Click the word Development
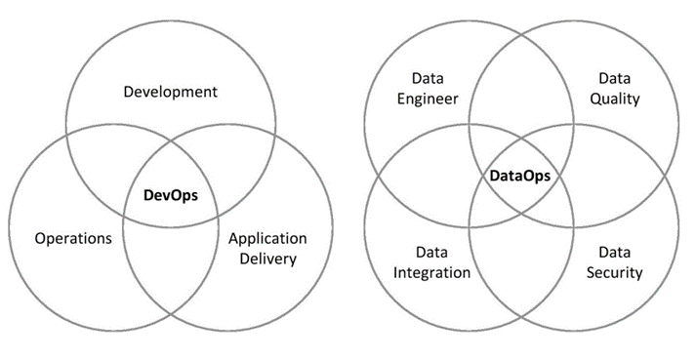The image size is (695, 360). pyautogui.click(x=171, y=92)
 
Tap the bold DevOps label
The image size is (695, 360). pyautogui.click(x=171, y=195)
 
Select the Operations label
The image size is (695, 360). pyautogui.click(x=73, y=238)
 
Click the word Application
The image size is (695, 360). pyautogui.click(x=267, y=238)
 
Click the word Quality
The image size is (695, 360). pyautogui.click(x=615, y=99)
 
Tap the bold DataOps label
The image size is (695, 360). pyautogui.click(x=519, y=177)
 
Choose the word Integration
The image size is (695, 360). pyautogui.click(x=432, y=272)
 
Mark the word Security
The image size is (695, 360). pyautogui.click(x=615, y=272)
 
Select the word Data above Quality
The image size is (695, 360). pyautogui.click(x=615, y=78)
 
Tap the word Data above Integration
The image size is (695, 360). pyautogui.click(x=432, y=252)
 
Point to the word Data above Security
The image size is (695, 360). pyautogui.click(x=615, y=252)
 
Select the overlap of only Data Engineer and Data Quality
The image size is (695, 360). pyautogui.click(x=519, y=98)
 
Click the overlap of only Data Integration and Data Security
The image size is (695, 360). pyautogui.click(x=519, y=263)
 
